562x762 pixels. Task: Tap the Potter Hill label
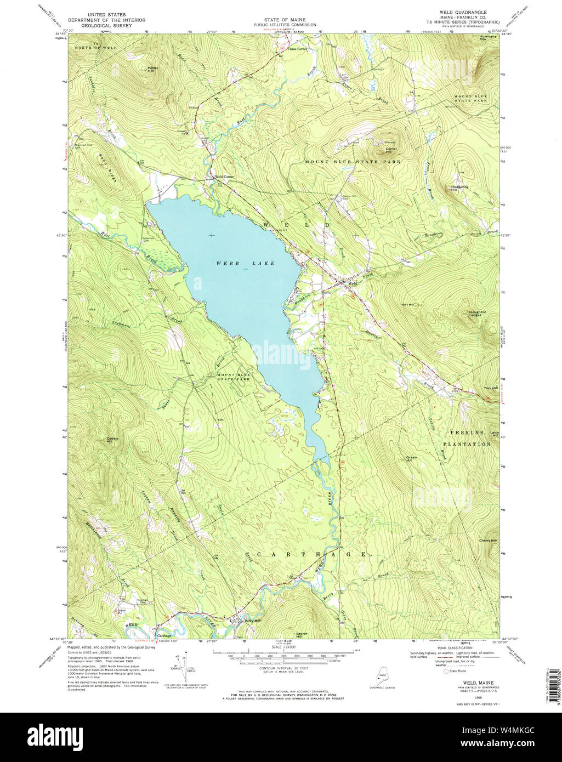pos(152,69)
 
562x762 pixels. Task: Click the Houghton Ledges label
pos(477,314)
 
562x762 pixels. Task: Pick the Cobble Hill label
pos(113,440)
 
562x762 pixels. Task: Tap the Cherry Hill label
pos(487,541)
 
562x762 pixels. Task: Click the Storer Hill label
pos(303,635)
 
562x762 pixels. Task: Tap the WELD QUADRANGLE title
pos(463,12)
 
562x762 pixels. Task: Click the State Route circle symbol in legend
pos(446,670)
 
